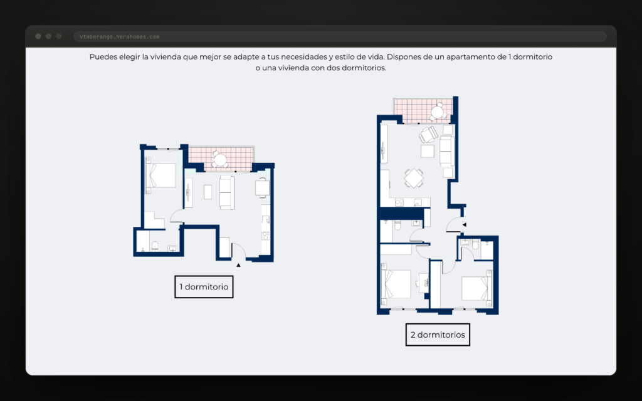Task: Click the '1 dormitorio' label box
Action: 204,287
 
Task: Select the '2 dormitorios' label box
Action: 438,335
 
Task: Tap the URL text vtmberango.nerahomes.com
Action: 120,37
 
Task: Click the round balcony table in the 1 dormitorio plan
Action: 220,160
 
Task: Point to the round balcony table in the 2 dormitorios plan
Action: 437,112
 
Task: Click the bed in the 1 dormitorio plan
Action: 160,176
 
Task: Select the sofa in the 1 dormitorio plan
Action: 227,192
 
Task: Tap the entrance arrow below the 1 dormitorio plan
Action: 238,265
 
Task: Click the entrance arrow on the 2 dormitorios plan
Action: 465,225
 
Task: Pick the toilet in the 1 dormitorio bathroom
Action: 155,246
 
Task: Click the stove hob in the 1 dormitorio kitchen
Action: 265,236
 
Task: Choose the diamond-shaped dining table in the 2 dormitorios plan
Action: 414,178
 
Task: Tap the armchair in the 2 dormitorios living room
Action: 428,135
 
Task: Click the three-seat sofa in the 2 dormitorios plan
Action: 446,152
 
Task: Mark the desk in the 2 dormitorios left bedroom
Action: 423,283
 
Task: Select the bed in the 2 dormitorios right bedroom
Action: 476,289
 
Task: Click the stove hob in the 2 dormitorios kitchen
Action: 399,202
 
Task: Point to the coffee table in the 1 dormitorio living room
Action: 208,192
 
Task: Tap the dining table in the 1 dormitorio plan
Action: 263,188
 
